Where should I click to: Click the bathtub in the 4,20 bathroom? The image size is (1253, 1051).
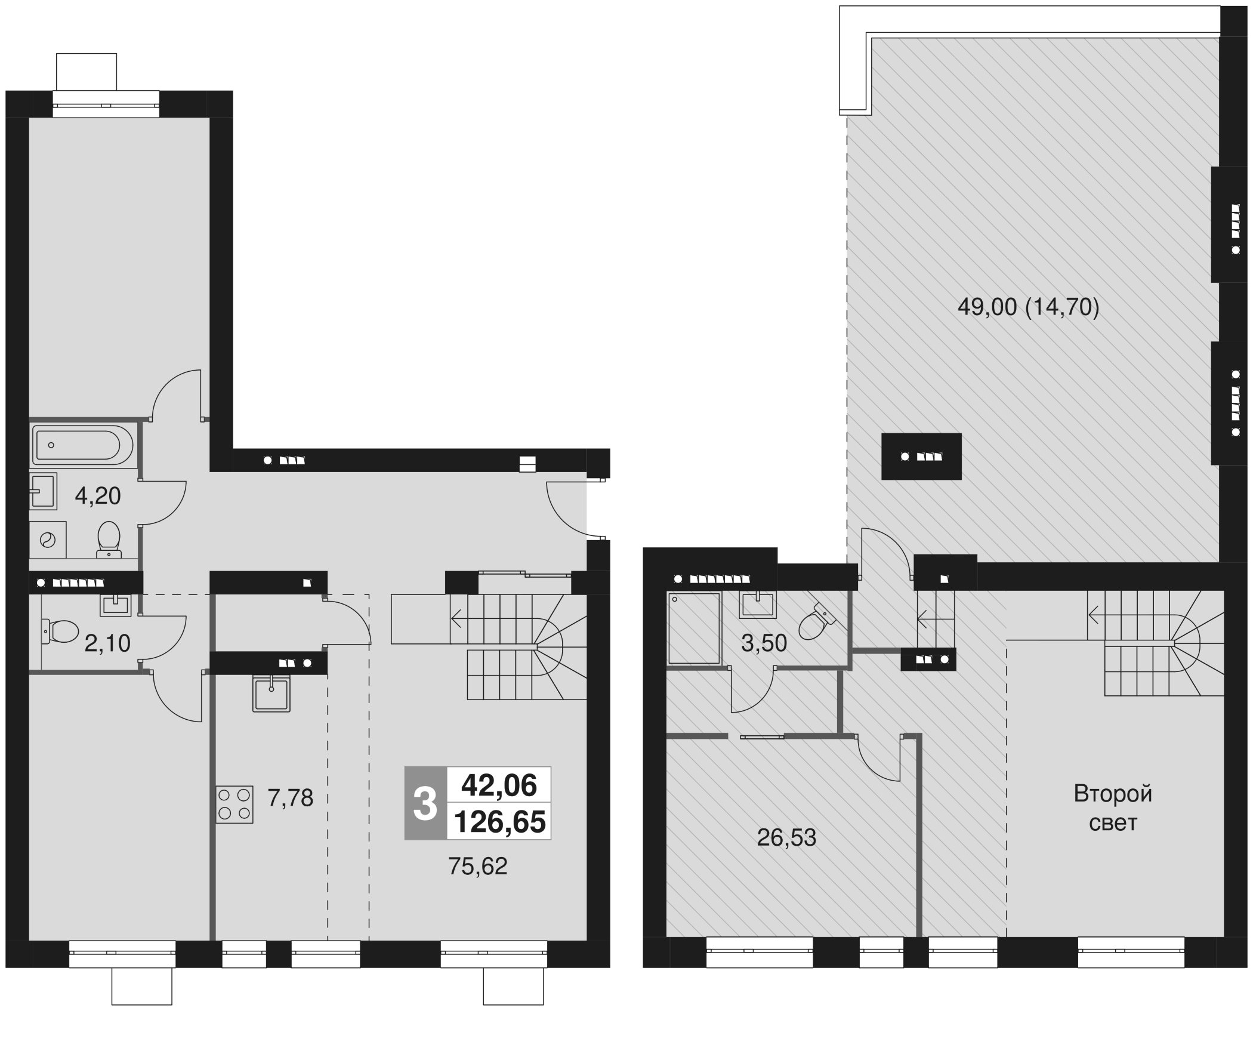[84, 445]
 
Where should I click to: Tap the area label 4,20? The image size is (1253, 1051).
[98, 496]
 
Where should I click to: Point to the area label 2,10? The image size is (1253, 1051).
[107, 644]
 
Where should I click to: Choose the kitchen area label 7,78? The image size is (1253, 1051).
[290, 798]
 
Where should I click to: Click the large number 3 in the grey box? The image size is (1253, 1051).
[425, 803]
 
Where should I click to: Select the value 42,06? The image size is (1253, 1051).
[499, 785]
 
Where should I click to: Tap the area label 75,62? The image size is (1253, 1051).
[477, 866]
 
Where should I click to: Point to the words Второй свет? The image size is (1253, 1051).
[1113, 808]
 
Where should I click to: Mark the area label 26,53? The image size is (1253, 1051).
[786, 838]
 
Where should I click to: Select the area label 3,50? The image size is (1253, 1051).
[764, 643]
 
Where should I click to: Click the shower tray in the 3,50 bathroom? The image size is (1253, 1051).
[693, 627]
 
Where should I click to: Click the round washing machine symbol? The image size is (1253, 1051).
[47, 540]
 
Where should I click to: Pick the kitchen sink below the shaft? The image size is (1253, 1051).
[272, 694]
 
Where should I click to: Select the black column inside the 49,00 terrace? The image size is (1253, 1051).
[921, 457]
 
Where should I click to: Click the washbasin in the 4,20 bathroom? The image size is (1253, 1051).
[43, 491]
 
